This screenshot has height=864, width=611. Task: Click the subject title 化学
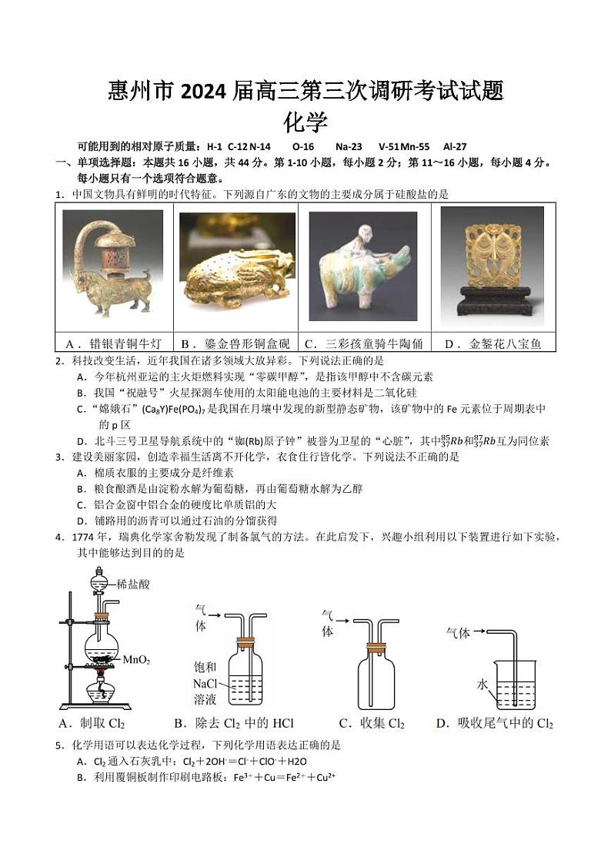305,122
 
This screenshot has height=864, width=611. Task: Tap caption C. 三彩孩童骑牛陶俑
363,344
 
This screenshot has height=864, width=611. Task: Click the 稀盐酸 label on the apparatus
135,584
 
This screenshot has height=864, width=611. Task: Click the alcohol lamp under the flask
98,690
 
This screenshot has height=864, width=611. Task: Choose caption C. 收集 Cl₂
372,724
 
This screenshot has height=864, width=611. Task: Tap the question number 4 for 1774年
58,537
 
